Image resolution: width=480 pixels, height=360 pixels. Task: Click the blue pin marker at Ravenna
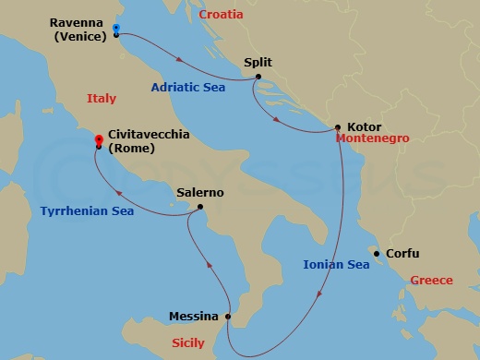[x=115, y=29]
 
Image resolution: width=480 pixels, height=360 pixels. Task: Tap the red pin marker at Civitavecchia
[x=98, y=140]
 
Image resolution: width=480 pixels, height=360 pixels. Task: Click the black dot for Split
[x=258, y=77]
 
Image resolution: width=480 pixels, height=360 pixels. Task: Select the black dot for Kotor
[x=338, y=126]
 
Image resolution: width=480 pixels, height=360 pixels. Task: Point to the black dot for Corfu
[x=376, y=252]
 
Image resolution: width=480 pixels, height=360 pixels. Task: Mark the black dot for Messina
[x=228, y=316]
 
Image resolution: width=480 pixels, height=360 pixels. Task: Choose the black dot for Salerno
[x=201, y=208]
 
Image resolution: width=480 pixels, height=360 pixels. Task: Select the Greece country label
[x=431, y=280]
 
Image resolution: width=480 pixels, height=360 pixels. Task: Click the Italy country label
[x=102, y=98]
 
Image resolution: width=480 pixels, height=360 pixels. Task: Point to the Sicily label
[x=188, y=342]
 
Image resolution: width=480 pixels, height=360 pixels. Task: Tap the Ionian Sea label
[x=336, y=265]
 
